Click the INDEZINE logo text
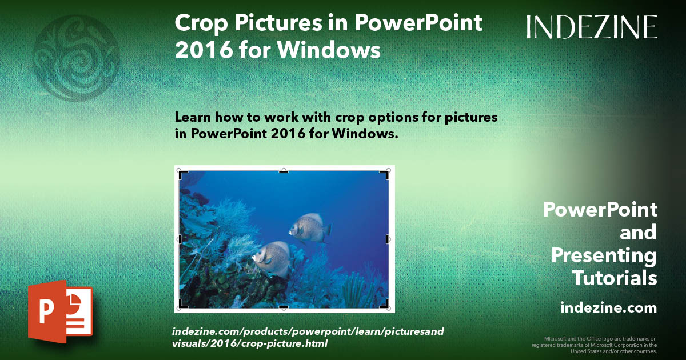(x=592, y=27)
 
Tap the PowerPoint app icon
(x=60, y=311)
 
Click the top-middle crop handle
(x=284, y=171)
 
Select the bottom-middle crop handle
(x=284, y=307)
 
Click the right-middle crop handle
(x=388, y=239)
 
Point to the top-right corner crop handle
(x=384, y=174)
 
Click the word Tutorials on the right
(x=615, y=278)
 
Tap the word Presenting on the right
(x=604, y=255)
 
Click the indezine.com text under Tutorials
(x=608, y=308)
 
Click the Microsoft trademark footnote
(x=595, y=345)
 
